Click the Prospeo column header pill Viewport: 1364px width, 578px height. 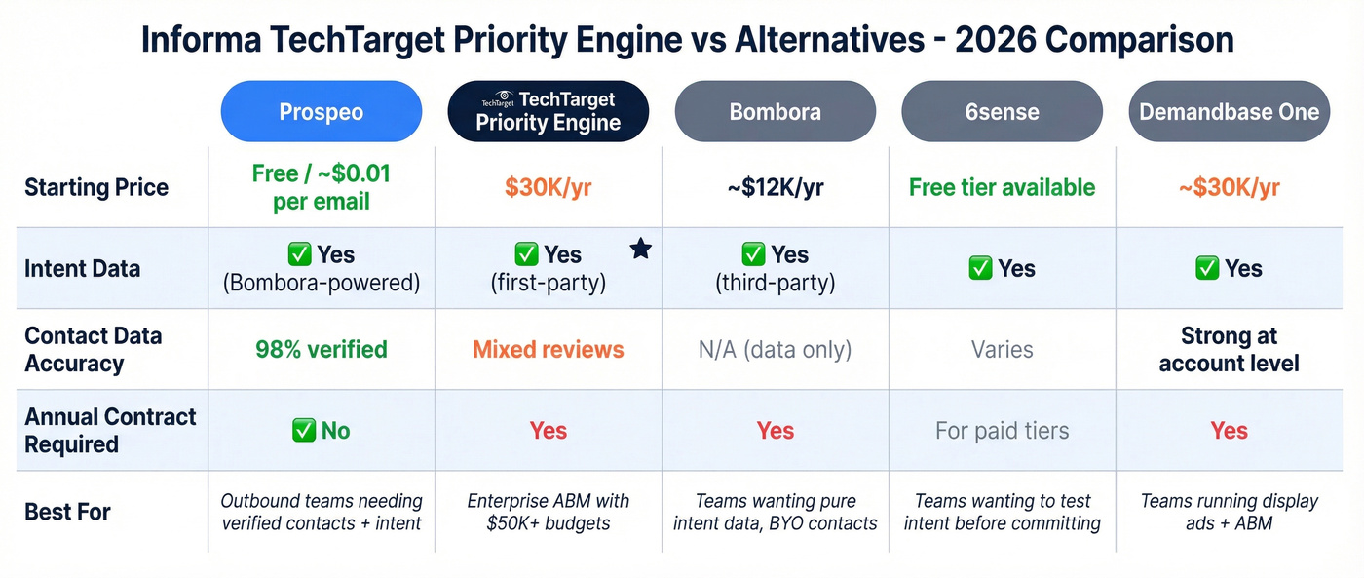click(x=322, y=111)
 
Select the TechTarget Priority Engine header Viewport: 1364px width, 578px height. click(x=548, y=111)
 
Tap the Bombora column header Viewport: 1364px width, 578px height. click(x=775, y=111)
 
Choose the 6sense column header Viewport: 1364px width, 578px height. click(x=1002, y=111)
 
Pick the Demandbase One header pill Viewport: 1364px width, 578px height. click(x=1229, y=111)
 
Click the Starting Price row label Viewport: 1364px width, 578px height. click(x=96, y=187)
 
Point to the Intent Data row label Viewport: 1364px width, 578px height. click(x=83, y=268)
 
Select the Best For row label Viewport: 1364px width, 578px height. click(x=68, y=511)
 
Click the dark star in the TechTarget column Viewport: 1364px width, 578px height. click(x=640, y=250)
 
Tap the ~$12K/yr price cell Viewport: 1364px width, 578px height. click(x=775, y=187)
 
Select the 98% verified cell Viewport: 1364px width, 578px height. click(x=322, y=349)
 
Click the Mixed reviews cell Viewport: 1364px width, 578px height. click(x=548, y=349)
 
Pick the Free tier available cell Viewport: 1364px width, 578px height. click(x=1002, y=187)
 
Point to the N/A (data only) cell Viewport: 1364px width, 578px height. click(x=775, y=349)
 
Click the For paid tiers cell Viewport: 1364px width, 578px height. click(x=1002, y=430)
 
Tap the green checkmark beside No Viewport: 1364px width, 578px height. click(x=303, y=430)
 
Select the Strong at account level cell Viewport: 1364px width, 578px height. click(x=1229, y=349)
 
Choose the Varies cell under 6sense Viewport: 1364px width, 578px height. click(x=1002, y=349)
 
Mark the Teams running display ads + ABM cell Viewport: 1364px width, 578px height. click(x=1229, y=511)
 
